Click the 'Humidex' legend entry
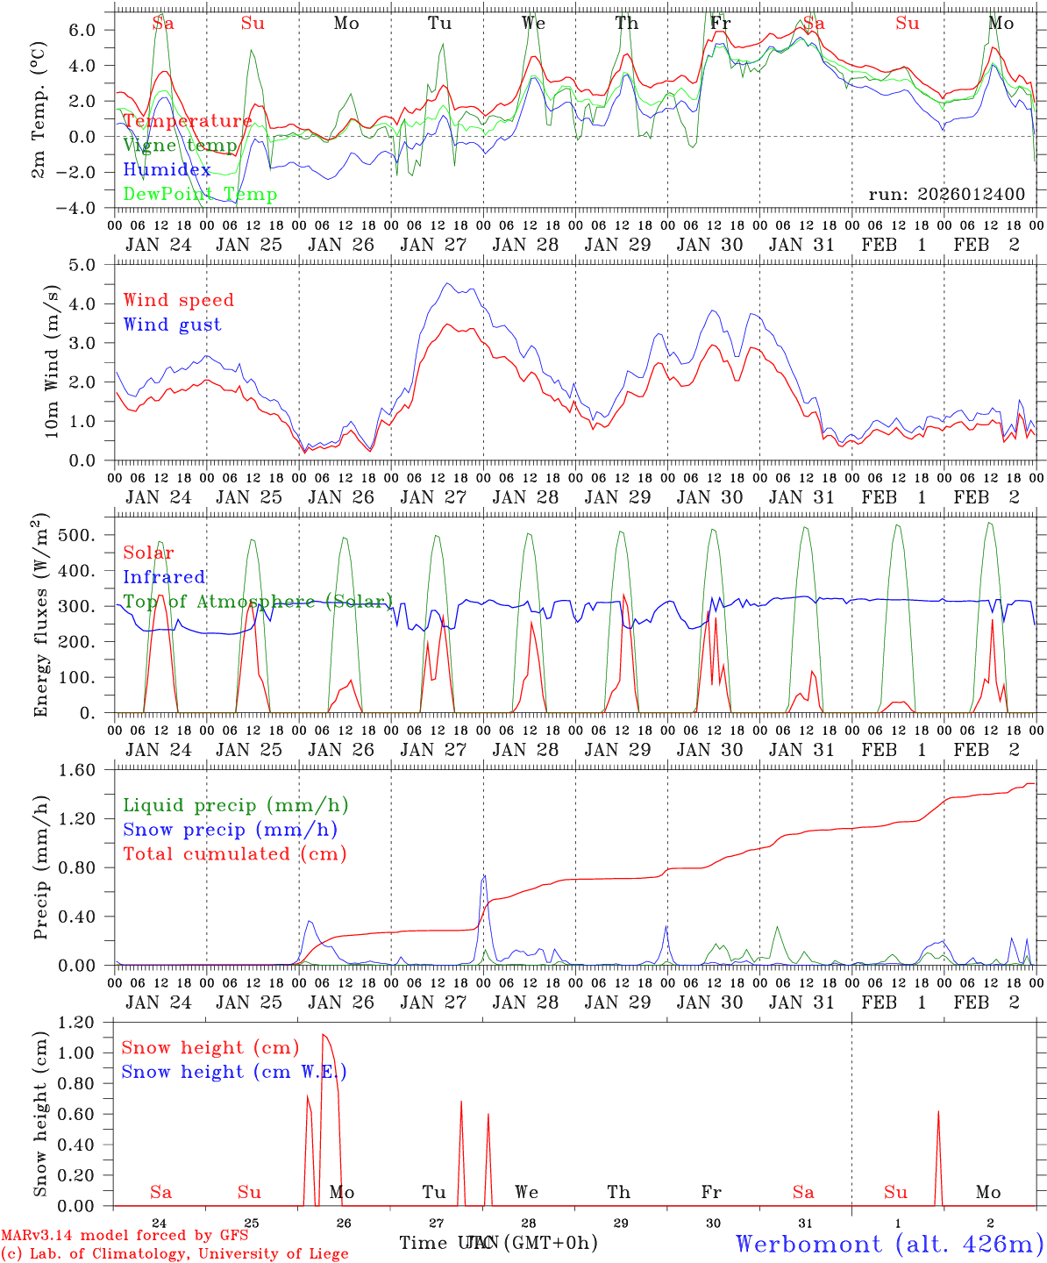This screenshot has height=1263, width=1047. coord(167,170)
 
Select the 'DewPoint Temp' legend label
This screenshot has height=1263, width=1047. coord(200,195)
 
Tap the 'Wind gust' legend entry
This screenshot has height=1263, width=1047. coord(172,325)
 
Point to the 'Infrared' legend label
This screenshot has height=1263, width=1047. coord(164,577)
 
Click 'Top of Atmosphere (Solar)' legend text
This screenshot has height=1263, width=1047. coord(258,602)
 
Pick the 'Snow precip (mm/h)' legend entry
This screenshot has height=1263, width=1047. coord(230,830)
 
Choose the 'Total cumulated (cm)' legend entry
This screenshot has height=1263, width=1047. coord(234,854)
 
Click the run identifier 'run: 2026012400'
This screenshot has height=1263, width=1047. coord(946,195)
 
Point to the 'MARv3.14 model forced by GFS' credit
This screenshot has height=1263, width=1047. coord(125,1236)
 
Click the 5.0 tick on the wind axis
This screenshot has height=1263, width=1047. coord(93,265)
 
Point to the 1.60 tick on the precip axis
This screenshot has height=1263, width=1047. coord(89,770)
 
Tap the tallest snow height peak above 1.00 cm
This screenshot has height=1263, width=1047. coord(324,1036)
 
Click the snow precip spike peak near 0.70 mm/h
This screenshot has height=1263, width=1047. coord(484,876)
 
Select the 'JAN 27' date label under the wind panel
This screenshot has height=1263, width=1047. coord(433,497)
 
